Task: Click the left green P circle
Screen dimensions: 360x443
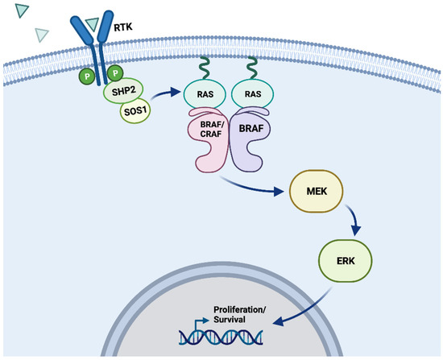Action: pyautogui.click(x=85, y=77)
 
